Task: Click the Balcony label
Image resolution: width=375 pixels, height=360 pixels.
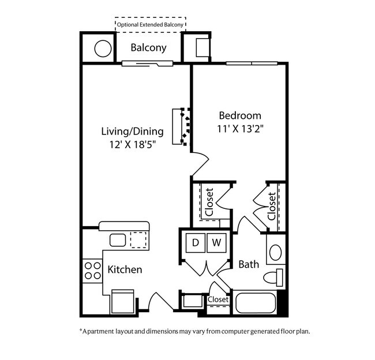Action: [x=148, y=48]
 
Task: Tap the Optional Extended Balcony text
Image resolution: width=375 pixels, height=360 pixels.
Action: [x=150, y=25]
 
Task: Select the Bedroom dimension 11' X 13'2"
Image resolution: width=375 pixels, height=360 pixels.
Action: [x=240, y=129]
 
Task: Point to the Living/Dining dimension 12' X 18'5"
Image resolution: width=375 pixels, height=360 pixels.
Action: [x=133, y=144]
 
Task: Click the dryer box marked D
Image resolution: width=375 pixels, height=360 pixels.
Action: [x=196, y=243]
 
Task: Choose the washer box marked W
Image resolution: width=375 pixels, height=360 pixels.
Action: [x=216, y=243]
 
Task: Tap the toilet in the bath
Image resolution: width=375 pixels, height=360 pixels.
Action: [x=273, y=277]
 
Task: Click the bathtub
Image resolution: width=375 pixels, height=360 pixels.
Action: [x=256, y=302]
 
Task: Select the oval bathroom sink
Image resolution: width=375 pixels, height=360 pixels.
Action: [x=276, y=252]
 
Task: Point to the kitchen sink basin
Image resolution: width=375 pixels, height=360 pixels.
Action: [x=118, y=240]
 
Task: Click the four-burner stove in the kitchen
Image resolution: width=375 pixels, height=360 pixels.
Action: [x=92, y=271]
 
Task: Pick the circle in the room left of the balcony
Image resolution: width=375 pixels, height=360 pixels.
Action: [x=103, y=48]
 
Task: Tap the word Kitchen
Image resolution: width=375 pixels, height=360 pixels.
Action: [x=125, y=269]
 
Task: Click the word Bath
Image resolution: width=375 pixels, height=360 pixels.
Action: [x=249, y=265]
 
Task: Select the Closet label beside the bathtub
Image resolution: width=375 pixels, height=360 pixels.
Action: [x=218, y=299]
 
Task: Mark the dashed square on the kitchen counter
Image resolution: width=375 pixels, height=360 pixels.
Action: [x=138, y=240]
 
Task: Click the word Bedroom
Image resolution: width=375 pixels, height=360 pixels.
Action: [x=240, y=115]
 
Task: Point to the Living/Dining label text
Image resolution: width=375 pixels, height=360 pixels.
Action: [x=133, y=132]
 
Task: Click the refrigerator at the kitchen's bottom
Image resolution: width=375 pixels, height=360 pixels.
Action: [x=123, y=301]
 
